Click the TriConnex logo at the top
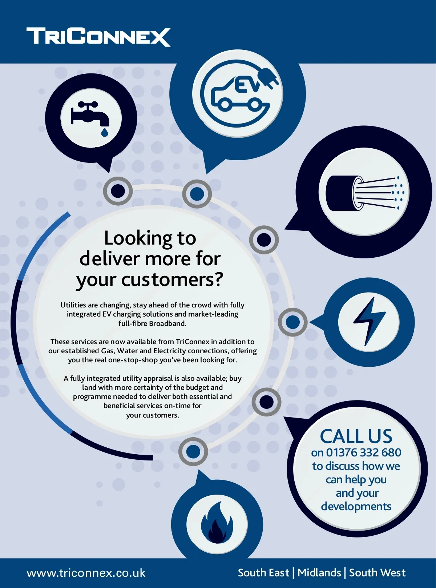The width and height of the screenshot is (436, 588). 98,37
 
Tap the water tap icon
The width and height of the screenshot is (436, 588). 90,115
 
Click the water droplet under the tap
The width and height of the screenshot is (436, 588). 105,132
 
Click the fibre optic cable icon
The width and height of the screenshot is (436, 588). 363,193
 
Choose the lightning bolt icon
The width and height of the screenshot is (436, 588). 369,321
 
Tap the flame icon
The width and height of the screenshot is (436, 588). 217,523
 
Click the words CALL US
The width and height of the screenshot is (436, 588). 356,436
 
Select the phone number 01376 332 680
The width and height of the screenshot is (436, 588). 363,452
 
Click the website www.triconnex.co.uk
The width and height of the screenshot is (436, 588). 86,573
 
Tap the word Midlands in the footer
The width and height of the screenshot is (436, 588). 319,573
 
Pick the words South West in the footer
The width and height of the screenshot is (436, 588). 377,573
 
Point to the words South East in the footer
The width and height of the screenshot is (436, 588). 263,573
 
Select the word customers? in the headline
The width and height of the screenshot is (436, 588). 172,280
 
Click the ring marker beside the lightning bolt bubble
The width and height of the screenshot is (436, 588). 292,322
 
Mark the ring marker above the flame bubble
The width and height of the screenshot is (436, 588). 193,452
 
